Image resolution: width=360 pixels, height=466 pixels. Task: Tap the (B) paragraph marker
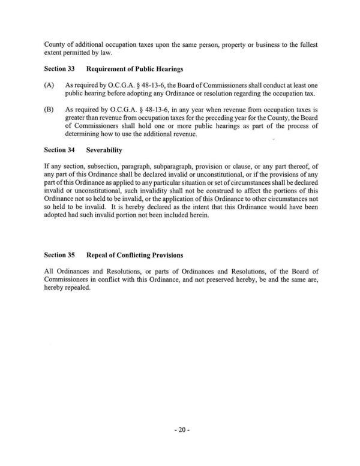pos(49,110)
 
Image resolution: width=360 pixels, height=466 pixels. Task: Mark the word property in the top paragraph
pos(199,45)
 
